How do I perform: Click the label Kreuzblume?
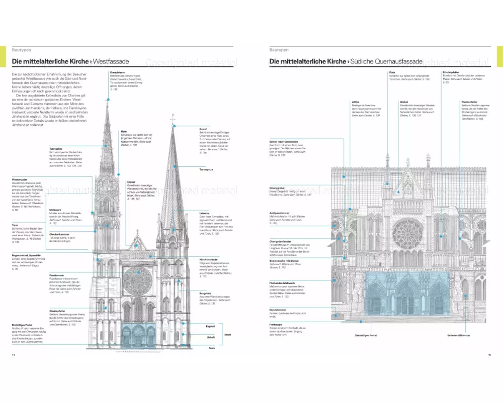coord(117,72)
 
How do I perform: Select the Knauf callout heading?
coord(203,129)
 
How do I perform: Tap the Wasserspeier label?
coord(20,179)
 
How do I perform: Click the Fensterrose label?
coord(56,276)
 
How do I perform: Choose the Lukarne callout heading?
coord(204,214)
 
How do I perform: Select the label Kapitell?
coord(210,327)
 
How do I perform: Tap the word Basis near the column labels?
coord(212,348)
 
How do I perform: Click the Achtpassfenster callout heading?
coord(281,213)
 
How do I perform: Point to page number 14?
coord(13,355)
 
